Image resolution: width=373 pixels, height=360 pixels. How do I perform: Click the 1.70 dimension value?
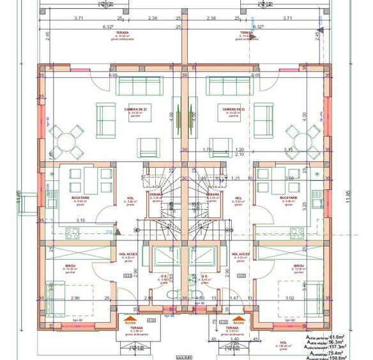click(x=224, y=150)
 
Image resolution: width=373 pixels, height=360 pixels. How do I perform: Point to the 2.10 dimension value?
click(x=240, y=155)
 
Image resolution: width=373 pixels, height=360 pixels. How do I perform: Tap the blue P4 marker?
click(x=109, y=231)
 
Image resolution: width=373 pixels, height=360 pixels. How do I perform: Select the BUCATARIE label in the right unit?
click(x=289, y=198)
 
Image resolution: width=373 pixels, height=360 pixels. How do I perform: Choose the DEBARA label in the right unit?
click(x=213, y=194)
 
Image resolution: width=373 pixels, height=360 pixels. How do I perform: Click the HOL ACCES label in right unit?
click(x=242, y=254)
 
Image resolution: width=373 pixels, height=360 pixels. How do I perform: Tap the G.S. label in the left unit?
click(x=164, y=276)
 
